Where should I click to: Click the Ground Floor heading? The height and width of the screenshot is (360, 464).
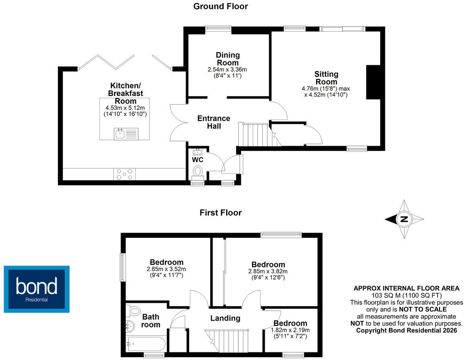coord(221,6)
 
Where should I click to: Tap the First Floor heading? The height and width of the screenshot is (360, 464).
coord(221,213)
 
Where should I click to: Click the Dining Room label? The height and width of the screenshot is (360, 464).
coord(227,59)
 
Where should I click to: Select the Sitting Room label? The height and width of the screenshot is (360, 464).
coord(326,78)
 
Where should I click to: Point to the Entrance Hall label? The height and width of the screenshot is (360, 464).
coord(214,122)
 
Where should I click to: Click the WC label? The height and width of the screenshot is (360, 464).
coord(198,160)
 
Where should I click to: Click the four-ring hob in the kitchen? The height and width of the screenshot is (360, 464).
coord(124,174)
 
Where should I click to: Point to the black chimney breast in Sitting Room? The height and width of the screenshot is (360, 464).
coord(373,82)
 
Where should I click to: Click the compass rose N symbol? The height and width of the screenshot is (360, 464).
coord(404,219)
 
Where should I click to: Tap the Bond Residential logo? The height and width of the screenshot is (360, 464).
coord(37,289)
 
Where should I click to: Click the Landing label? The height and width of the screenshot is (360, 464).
coord(225,318)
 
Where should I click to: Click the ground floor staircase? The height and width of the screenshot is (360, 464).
coord(260,135)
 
